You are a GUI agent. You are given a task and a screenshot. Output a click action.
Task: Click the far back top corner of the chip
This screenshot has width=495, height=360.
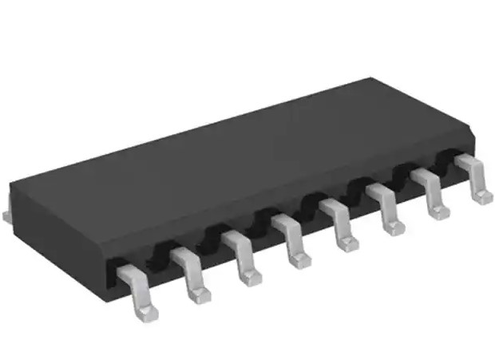[370, 79]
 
